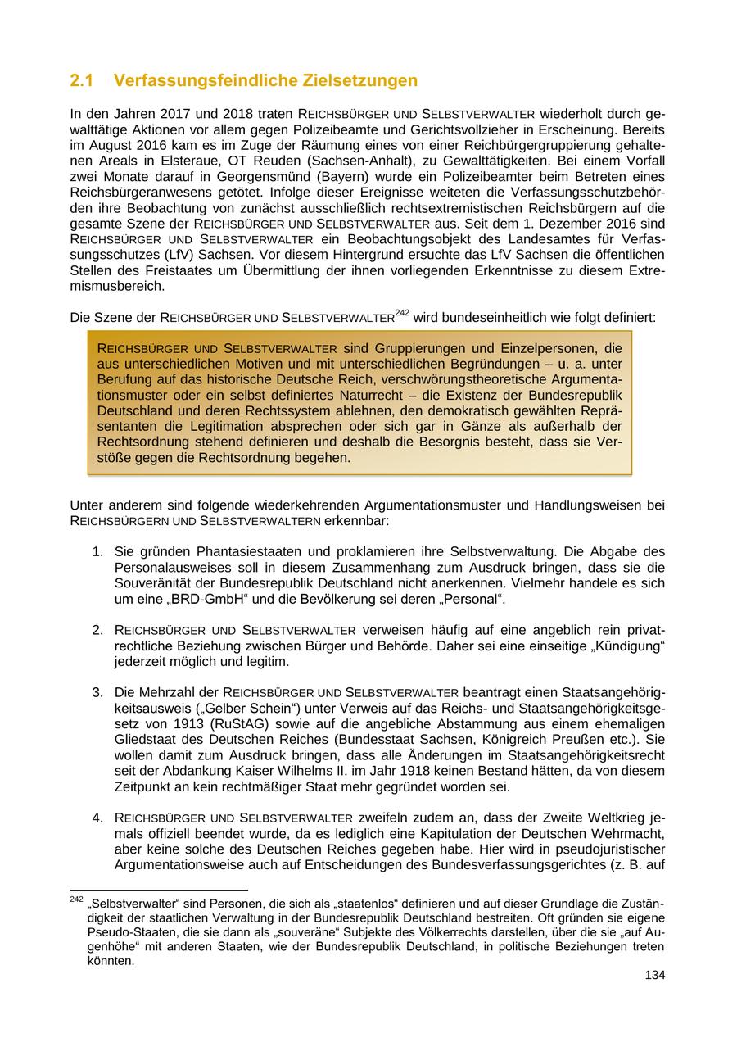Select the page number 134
pyautogui.click(x=654, y=975)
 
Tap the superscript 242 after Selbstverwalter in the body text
pyautogui.click(x=402, y=312)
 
